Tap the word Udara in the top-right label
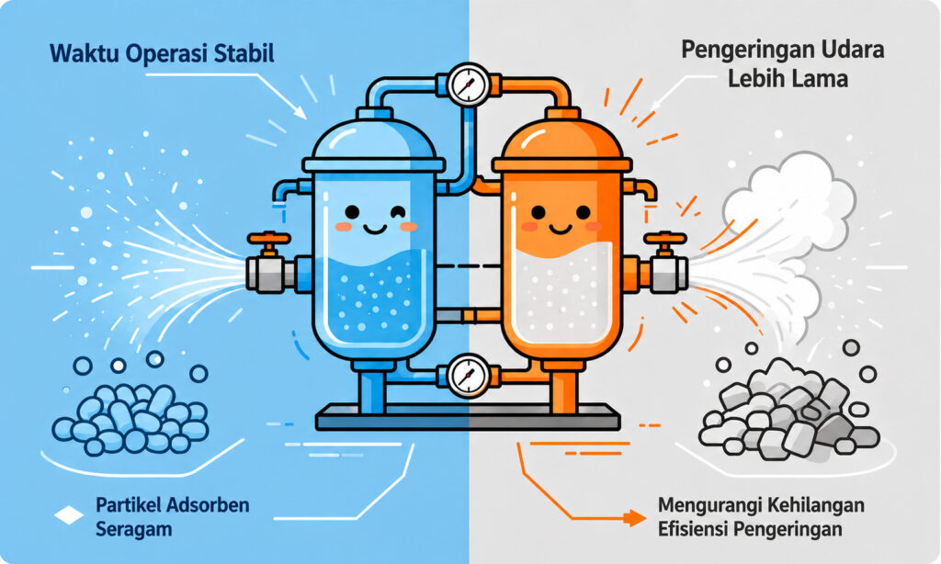(852, 50)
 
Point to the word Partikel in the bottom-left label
(129, 504)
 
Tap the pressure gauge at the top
(469, 85)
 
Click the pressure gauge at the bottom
(469, 376)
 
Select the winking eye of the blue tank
(397, 212)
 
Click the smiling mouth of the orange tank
(561, 229)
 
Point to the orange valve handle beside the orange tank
(665, 239)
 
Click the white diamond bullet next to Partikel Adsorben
(69, 515)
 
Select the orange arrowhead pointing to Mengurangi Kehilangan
(635, 518)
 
